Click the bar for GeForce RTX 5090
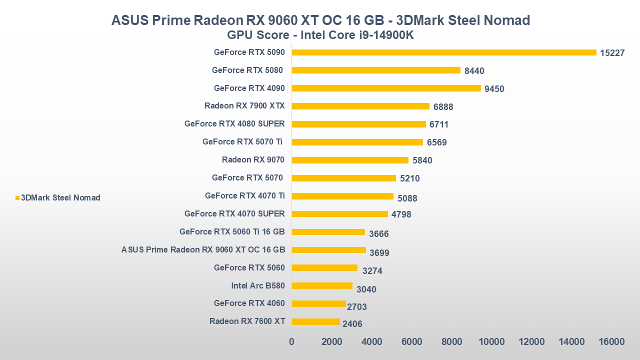click(x=444, y=52)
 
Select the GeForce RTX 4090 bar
click(x=386, y=88)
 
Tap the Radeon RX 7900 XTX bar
click(x=360, y=106)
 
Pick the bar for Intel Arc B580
click(x=322, y=286)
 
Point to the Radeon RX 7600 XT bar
click(x=315, y=322)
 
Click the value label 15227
click(x=612, y=53)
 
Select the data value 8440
click(x=474, y=71)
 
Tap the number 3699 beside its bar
click(x=379, y=253)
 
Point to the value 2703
click(x=357, y=307)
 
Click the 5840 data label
click(x=422, y=160)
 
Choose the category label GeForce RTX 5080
click(x=247, y=70)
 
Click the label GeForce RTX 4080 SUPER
click(x=234, y=124)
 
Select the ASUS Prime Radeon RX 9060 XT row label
click(x=203, y=250)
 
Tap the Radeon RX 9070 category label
click(x=253, y=160)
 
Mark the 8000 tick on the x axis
click(x=451, y=342)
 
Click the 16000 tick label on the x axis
click(x=611, y=342)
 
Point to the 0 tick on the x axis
click(x=292, y=342)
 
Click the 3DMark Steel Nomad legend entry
click(x=60, y=198)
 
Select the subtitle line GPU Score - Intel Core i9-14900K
click(x=320, y=35)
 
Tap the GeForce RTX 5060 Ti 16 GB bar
click(x=328, y=232)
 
